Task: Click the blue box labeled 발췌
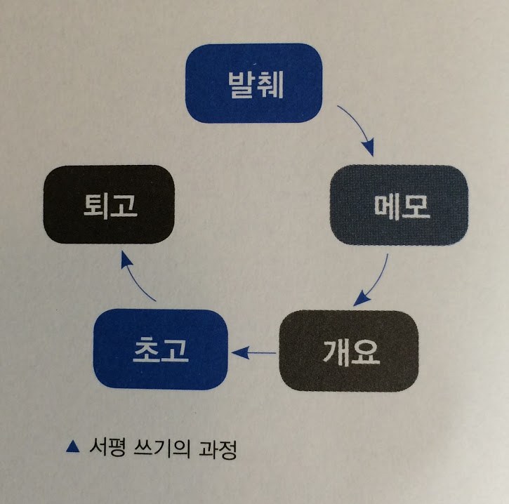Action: tap(253, 83)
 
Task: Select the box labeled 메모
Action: tap(399, 204)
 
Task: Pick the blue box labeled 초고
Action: tap(161, 349)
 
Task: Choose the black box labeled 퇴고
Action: tap(109, 204)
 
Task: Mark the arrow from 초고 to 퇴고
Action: tap(137, 277)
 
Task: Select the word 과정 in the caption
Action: tap(221, 447)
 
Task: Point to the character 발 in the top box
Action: tap(239, 83)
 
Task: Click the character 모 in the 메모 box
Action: tap(414, 204)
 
